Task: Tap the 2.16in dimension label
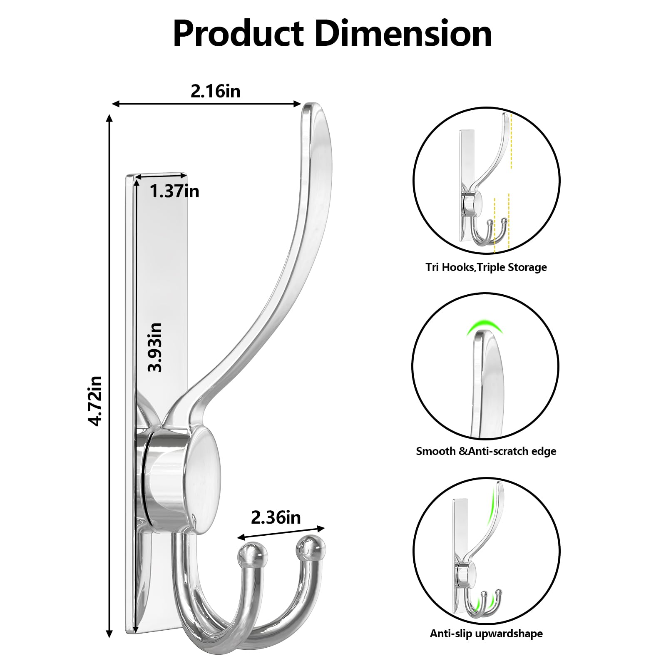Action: point(215,91)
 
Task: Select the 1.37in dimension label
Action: point(174,191)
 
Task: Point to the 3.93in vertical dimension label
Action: point(155,347)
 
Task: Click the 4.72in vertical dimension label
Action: point(95,400)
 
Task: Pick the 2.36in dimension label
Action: point(276,517)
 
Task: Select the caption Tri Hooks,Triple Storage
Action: point(486,267)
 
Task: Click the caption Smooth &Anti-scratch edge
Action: point(486,451)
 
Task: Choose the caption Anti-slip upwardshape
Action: point(486,634)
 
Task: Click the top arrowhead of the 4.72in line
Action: point(109,118)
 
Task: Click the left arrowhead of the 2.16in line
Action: point(117,104)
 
